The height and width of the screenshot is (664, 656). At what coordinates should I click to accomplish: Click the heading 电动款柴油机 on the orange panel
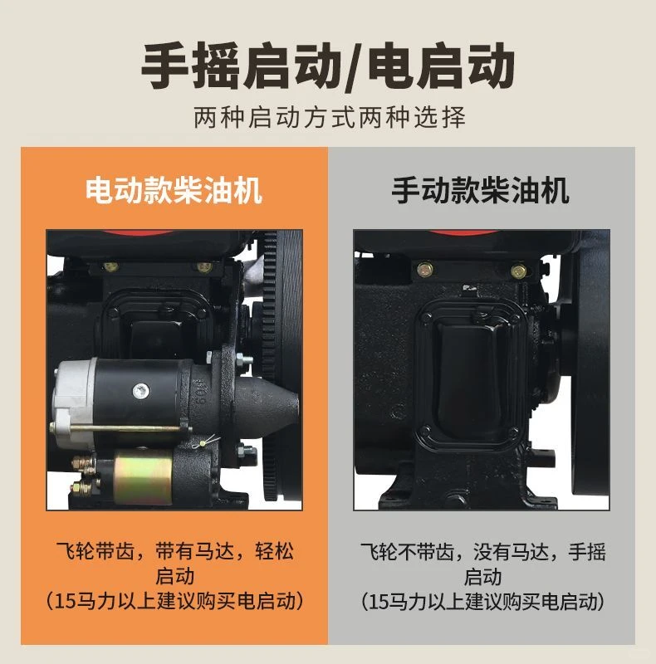coord(174,191)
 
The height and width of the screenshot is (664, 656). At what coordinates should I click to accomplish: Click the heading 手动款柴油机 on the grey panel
coord(481,191)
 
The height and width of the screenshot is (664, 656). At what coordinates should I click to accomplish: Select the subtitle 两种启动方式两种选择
coord(329,117)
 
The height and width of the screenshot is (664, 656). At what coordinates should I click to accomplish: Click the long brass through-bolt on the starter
coord(125,428)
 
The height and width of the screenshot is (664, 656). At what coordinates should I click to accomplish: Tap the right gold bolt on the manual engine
coord(519,271)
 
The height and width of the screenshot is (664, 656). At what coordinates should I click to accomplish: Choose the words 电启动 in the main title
coord(440,66)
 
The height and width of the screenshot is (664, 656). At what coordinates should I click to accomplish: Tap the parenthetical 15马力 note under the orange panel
coord(174,600)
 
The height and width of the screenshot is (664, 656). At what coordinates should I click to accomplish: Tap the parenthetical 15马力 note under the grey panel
coord(482,600)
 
